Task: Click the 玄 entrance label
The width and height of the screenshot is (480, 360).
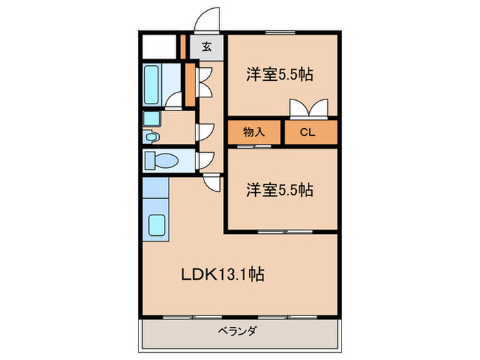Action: point(206,48)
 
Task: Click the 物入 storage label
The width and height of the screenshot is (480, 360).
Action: point(254,132)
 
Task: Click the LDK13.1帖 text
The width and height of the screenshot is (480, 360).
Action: point(223,275)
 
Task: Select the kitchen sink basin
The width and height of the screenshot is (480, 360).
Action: point(156,224)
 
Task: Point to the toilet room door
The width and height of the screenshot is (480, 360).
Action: point(204,162)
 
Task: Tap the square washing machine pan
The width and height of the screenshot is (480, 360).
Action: point(151,118)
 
